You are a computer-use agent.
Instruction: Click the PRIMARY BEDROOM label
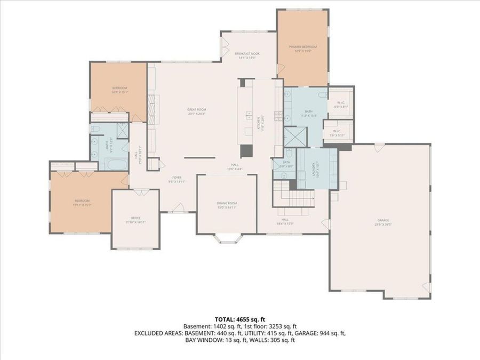(x=302, y=47)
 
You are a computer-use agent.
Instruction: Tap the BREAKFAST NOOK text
(x=246, y=53)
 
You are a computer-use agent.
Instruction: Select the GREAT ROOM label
(x=196, y=109)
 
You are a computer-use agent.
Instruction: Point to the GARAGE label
(x=383, y=220)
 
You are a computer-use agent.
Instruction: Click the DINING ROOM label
(x=227, y=203)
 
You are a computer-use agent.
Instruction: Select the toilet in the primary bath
(x=322, y=94)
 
